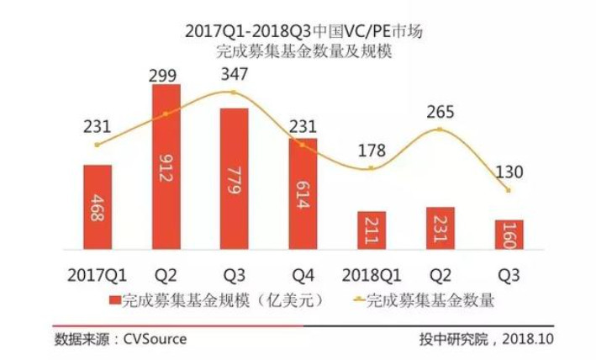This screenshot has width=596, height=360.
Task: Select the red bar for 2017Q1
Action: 98,206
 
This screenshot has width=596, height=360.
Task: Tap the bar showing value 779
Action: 235,178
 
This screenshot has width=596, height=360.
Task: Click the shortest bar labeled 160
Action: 509,234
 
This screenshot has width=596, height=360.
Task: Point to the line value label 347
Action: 234,75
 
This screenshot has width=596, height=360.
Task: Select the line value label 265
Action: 440,112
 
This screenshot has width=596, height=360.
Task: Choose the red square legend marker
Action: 113,299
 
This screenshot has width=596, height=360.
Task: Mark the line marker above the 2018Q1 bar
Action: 371,169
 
